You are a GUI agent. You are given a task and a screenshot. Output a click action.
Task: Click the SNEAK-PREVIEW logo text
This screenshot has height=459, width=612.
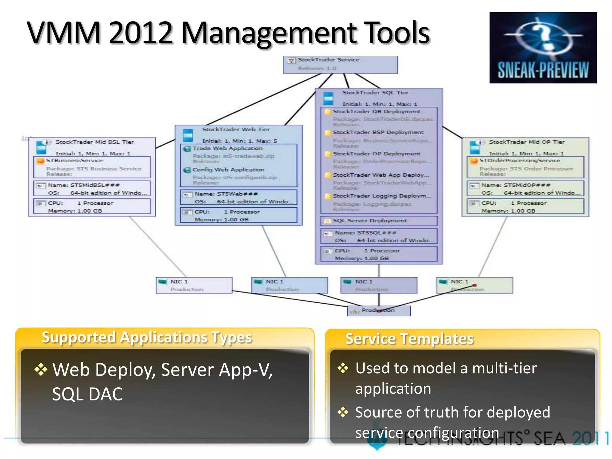pyautogui.click(x=543, y=71)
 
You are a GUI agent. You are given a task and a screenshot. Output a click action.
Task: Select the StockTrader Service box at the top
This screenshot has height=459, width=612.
pyautogui.click(x=340, y=64)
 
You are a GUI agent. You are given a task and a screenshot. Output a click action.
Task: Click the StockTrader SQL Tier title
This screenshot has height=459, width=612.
pyautogui.click(x=375, y=93)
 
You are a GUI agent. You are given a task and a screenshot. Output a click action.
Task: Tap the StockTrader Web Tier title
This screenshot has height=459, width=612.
pyautogui.click(x=236, y=129)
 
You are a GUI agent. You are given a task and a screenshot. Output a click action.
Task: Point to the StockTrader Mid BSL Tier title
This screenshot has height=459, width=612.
pyautogui.click(x=95, y=142)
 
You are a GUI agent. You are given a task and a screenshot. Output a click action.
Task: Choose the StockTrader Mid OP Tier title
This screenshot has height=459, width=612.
pyautogui.click(x=527, y=142)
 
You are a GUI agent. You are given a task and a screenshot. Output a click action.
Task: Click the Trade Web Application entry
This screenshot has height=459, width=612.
pyautogui.click(x=227, y=149)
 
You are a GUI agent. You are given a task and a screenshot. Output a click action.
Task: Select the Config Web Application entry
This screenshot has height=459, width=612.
pyautogui.click(x=228, y=170)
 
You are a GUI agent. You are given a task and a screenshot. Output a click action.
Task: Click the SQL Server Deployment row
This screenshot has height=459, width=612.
pyautogui.click(x=370, y=221)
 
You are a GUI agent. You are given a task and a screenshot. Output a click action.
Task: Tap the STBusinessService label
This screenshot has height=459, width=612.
pyautogui.click(x=74, y=161)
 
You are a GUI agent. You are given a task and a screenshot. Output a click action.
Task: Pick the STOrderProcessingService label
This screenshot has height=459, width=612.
pyautogui.click(x=519, y=161)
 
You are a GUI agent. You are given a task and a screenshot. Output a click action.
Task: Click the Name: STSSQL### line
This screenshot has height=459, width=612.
pyautogui.click(x=365, y=232)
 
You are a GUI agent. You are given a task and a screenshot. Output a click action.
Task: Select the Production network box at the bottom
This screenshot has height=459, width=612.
pyautogui.click(x=378, y=310)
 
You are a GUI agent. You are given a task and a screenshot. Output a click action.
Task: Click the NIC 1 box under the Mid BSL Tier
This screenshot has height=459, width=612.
pyautogui.click(x=194, y=285)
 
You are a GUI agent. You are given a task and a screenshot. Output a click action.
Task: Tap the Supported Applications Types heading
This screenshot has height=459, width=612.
pyautogui.click(x=147, y=337)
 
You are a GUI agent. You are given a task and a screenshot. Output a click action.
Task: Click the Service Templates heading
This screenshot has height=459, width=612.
pyautogui.click(x=409, y=339)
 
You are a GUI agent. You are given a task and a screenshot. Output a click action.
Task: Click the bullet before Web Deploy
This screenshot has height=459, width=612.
pyautogui.click(x=41, y=369)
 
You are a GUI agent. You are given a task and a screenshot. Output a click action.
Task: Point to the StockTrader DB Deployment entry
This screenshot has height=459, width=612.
pyautogui.click(x=377, y=111)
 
